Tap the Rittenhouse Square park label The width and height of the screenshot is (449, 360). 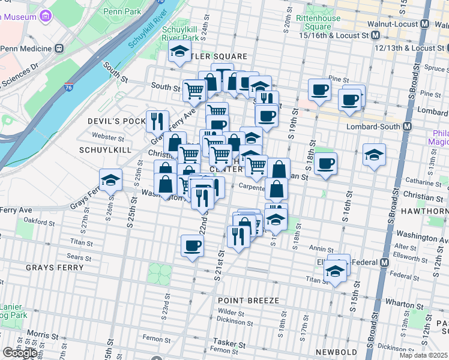click(x=314, y=22)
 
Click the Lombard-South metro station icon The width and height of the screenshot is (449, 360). click(x=408, y=127)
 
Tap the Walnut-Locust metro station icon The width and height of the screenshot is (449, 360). click(x=425, y=24)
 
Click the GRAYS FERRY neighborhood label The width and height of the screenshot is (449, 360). click(x=54, y=267)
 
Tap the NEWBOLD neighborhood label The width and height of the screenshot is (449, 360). click(x=338, y=352)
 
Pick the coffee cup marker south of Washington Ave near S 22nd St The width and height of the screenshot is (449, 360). click(x=192, y=245)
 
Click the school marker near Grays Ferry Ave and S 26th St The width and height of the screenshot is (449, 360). click(x=110, y=180)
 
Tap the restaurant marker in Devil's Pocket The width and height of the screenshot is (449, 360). click(x=157, y=120)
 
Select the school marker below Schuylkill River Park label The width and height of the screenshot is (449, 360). click(x=179, y=52)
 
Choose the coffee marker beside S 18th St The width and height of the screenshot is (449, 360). click(x=325, y=163)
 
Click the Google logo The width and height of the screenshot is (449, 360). click(x=20, y=353)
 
